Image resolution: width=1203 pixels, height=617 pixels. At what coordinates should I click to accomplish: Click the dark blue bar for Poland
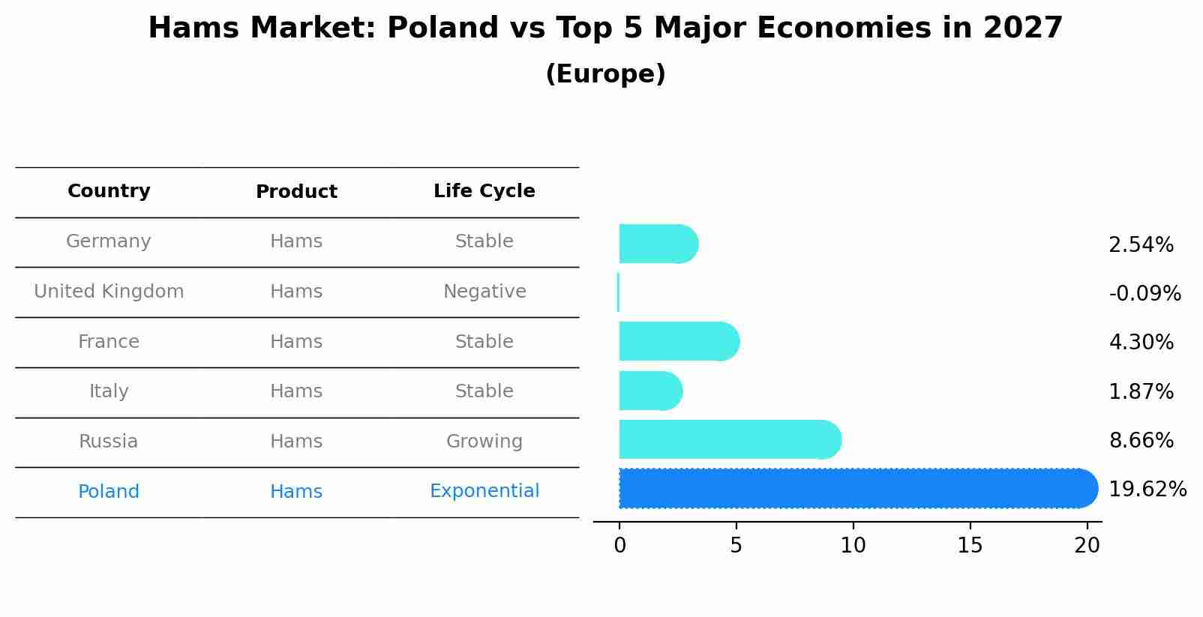pyautogui.click(x=855, y=489)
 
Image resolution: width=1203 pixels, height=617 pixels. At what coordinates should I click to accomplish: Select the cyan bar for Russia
pyautogui.click(x=727, y=440)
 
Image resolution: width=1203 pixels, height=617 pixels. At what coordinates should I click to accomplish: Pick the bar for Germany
pyautogui.click(x=657, y=244)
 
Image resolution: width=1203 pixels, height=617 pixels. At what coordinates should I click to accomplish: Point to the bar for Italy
pyautogui.click(x=649, y=391)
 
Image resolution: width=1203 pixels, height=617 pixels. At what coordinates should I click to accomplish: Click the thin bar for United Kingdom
pyautogui.click(x=618, y=292)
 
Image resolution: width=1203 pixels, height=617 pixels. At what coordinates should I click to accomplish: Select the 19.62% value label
pyautogui.click(x=1147, y=490)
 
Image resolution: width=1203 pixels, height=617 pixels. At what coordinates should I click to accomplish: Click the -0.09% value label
pyautogui.click(x=1144, y=293)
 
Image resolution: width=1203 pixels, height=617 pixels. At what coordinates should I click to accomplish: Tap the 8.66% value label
pyautogui.click(x=1141, y=441)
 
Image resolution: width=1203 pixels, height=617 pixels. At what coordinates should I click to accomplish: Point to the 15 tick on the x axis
pyautogui.click(x=970, y=546)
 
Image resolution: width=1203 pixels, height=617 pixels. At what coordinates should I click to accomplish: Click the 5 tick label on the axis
pyautogui.click(x=736, y=546)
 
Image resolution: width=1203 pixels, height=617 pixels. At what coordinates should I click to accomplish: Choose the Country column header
pyautogui.click(x=109, y=191)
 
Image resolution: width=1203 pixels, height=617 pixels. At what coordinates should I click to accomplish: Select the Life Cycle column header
pyautogui.click(x=484, y=191)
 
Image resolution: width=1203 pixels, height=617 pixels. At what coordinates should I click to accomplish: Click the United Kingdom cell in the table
pyautogui.click(x=109, y=292)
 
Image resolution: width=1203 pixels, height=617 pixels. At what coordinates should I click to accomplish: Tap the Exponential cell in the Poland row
pyautogui.click(x=484, y=491)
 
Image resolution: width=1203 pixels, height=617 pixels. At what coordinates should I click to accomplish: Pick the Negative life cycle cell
pyautogui.click(x=484, y=292)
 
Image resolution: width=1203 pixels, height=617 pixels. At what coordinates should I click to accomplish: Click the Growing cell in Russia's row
pyautogui.click(x=484, y=442)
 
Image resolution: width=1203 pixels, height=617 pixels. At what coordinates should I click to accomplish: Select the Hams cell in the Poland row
pyautogui.click(x=296, y=492)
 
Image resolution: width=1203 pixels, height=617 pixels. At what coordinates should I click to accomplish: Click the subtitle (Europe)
pyautogui.click(x=605, y=74)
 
